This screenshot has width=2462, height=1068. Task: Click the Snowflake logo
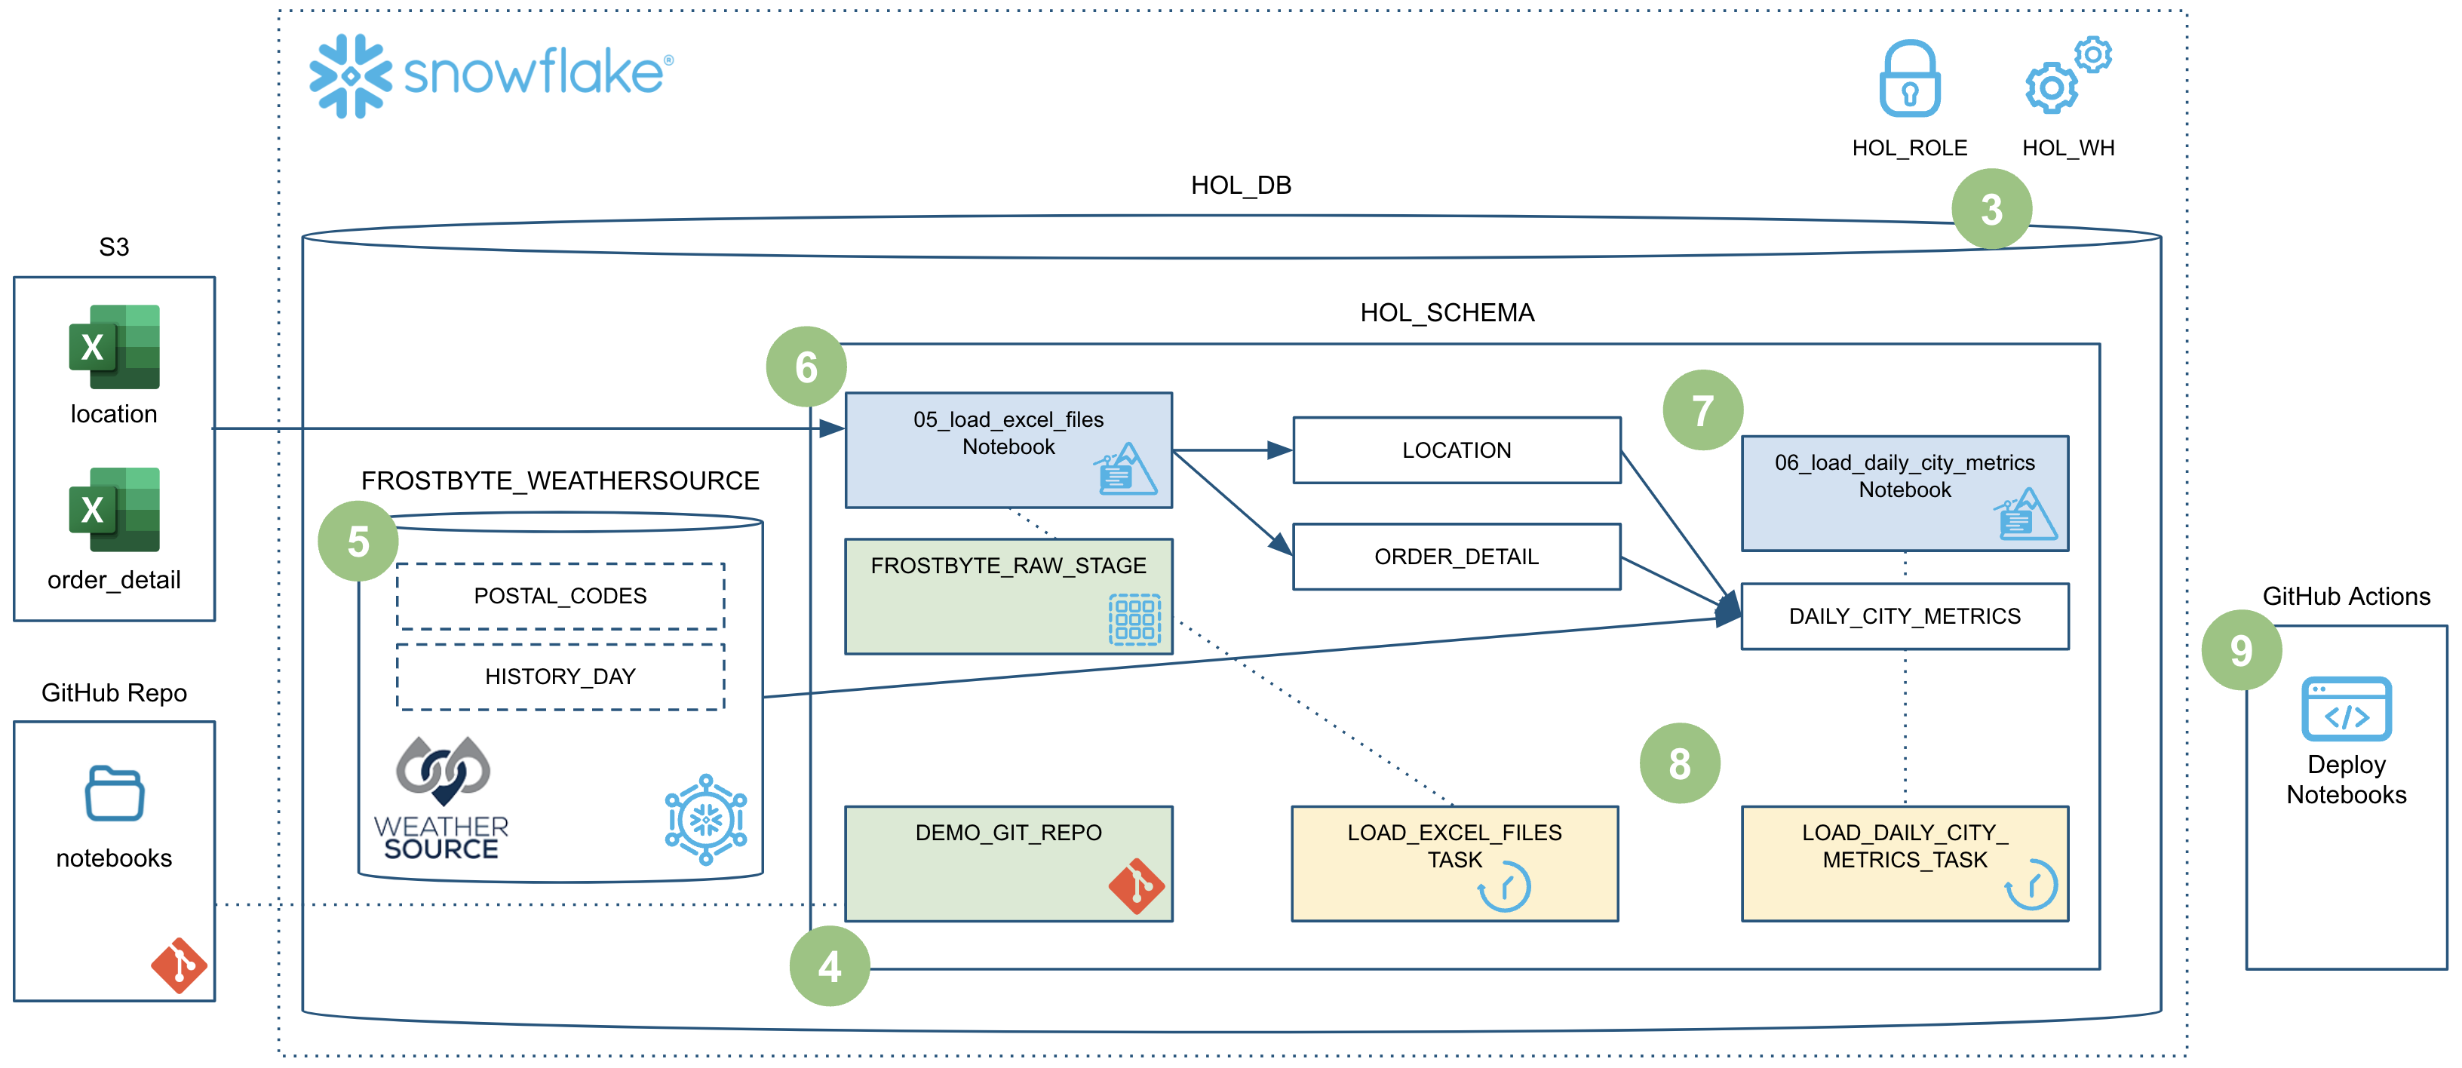click(491, 75)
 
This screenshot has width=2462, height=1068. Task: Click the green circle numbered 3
click(1992, 209)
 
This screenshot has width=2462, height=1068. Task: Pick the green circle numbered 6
click(806, 367)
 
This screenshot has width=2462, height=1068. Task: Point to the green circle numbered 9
click(2241, 651)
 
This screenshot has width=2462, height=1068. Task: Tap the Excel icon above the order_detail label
click(115, 509)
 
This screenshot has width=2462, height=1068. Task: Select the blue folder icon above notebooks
click(115, 793)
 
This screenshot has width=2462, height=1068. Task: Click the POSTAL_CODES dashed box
click(560, 596)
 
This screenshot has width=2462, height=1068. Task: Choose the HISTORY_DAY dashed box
click(560, 677)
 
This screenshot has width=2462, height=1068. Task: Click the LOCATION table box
click(1457, 450)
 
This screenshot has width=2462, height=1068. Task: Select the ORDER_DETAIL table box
click(1457, 557)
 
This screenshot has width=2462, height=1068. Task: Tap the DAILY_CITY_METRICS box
click(1905, 616)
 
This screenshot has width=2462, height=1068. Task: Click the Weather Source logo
click(441, 799)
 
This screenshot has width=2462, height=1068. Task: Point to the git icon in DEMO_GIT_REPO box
click(1137, 885)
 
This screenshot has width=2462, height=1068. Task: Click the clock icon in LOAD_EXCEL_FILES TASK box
click(1504, 886)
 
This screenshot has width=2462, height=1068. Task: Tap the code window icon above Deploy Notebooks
click(2347, 709)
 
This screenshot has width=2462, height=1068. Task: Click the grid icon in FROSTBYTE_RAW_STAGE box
click(1134, 619)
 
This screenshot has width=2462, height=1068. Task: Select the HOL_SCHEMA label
click(1447, 312)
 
